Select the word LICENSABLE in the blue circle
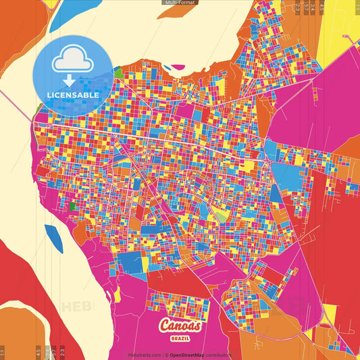(x=73, y=95)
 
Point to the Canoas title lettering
(x=180, y=326)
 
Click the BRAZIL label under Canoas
(x=180, y=336)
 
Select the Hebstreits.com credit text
(x=145, y=355)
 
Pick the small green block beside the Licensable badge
(x=119, y=72)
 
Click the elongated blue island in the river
(x=53, y=238)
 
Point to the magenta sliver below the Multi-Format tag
(x=178, y=67)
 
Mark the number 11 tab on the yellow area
(x=3, y=351)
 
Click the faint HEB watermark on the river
(x=75, y=306)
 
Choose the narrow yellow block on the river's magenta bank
(x=118, y=294)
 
